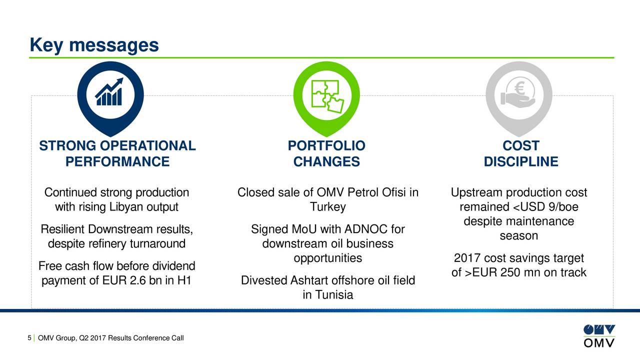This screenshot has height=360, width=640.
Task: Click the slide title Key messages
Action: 94,45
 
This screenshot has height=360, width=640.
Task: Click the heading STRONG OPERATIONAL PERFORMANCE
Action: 117,154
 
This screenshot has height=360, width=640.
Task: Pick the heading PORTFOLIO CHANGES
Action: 326,154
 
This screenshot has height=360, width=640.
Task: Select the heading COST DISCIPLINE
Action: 520,154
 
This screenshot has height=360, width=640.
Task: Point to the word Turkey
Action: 327,207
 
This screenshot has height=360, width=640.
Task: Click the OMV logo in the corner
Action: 599,336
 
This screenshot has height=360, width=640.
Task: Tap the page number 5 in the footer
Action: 29,338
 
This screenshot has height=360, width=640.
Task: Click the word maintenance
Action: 541,221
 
